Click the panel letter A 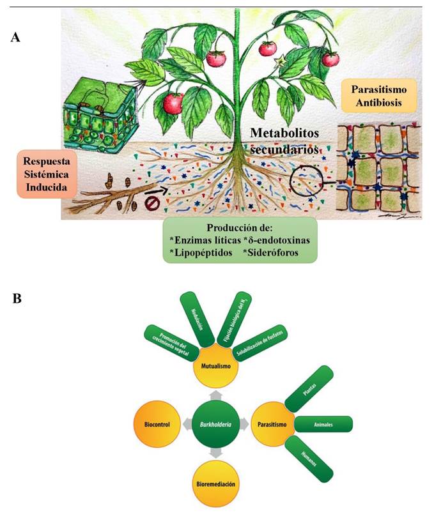click(x=17, y=38)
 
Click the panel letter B click(x=17, y=298)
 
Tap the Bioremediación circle click(x=216, y=484)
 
